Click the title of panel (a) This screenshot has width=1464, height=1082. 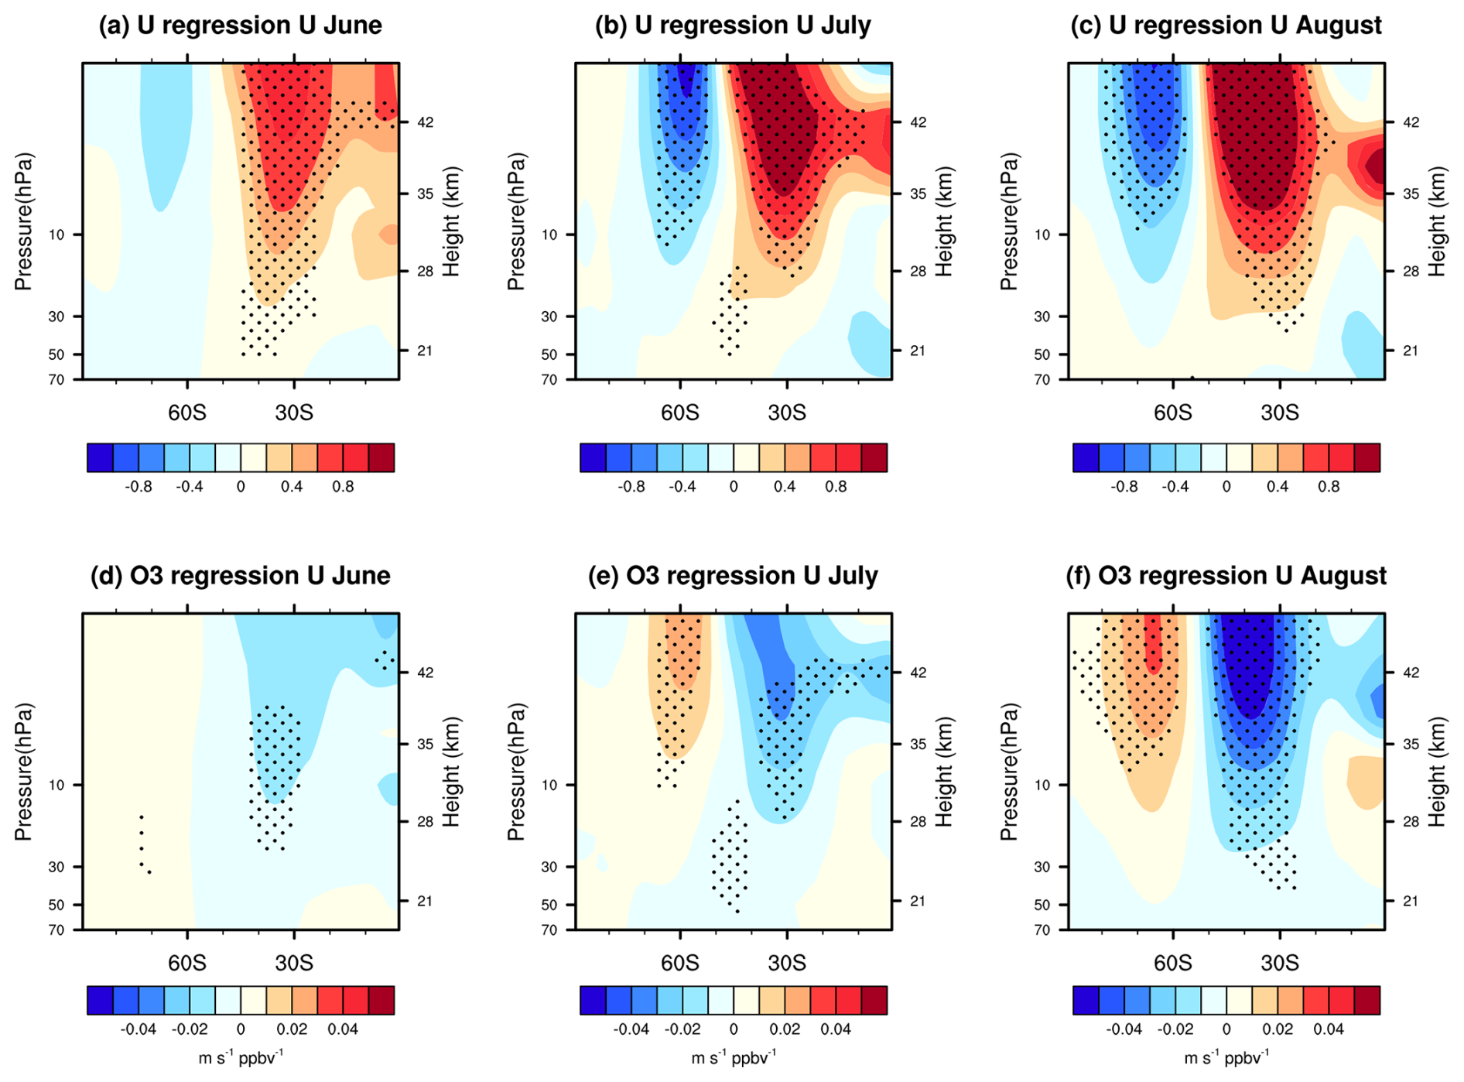[240, 26]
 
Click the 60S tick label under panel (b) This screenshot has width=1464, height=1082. [679, 413]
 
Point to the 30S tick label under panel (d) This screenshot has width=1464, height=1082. [294, 963]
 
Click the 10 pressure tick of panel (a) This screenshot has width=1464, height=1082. [56, 235]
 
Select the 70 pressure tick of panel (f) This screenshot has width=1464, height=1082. [1042, 930]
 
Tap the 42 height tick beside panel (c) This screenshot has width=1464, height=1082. [1411, 122]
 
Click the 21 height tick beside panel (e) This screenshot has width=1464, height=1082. [918, 901]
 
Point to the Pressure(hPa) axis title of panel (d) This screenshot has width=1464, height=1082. [24, 772]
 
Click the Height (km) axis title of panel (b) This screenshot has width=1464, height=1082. [943, 221]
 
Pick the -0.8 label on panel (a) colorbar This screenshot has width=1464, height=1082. [139, 487]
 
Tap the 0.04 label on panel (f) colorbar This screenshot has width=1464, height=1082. [1328, 1029]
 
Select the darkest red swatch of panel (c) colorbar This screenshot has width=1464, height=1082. [1367, 457]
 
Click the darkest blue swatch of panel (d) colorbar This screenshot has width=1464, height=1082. [100, 1000]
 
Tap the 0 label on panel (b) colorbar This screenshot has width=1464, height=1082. [734, 487]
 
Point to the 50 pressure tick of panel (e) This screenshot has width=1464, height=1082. [549, 905]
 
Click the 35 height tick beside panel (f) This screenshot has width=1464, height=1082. [1411, 744]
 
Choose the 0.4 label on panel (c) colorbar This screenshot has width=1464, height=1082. [1278, 487]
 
